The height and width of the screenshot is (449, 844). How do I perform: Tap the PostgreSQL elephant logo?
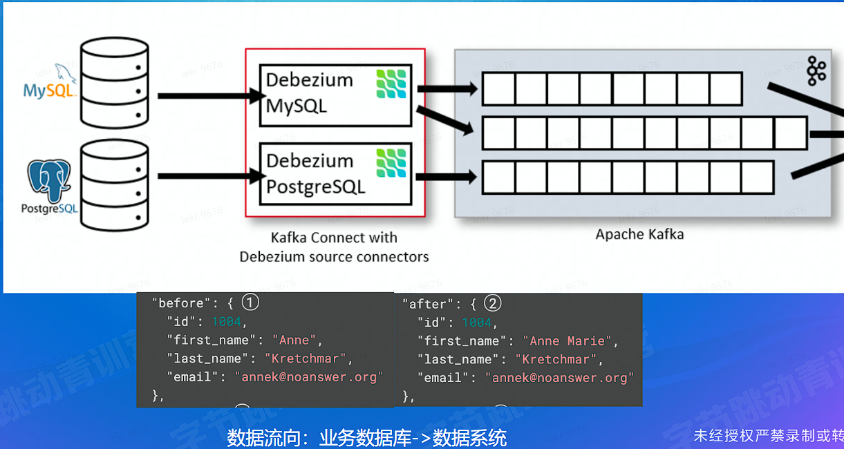point(48,180)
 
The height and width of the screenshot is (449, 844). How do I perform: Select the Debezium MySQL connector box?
point(335,95)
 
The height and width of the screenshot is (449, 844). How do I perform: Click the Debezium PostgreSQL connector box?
point(335,174)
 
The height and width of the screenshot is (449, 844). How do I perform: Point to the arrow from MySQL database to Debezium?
point(208,96)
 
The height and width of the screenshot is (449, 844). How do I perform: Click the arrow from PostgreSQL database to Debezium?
point(208,175)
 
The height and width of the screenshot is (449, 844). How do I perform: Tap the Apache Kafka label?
point(639,234)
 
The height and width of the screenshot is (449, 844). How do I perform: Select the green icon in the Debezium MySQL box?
point(391,84)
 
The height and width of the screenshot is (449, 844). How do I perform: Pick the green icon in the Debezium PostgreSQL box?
point(391,163)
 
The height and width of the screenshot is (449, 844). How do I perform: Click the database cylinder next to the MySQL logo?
point(114,84)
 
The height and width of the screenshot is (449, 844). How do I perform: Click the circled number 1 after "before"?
point(250,303)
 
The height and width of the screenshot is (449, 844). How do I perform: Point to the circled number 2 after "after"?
point(493,303)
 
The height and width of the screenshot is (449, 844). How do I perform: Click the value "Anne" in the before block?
point(294,340)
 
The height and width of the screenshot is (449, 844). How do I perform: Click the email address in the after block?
point(559,378)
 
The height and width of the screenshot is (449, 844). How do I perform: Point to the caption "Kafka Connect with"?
point(334,238)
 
